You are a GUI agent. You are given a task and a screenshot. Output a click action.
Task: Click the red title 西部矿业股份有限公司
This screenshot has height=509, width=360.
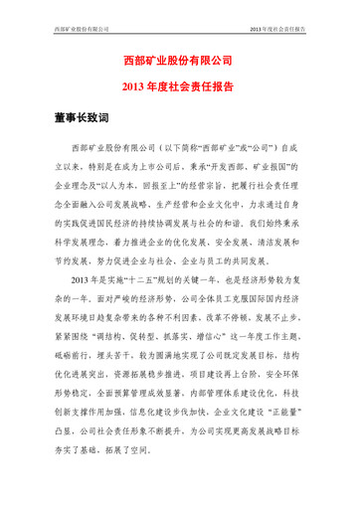click(x=180, y=62)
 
